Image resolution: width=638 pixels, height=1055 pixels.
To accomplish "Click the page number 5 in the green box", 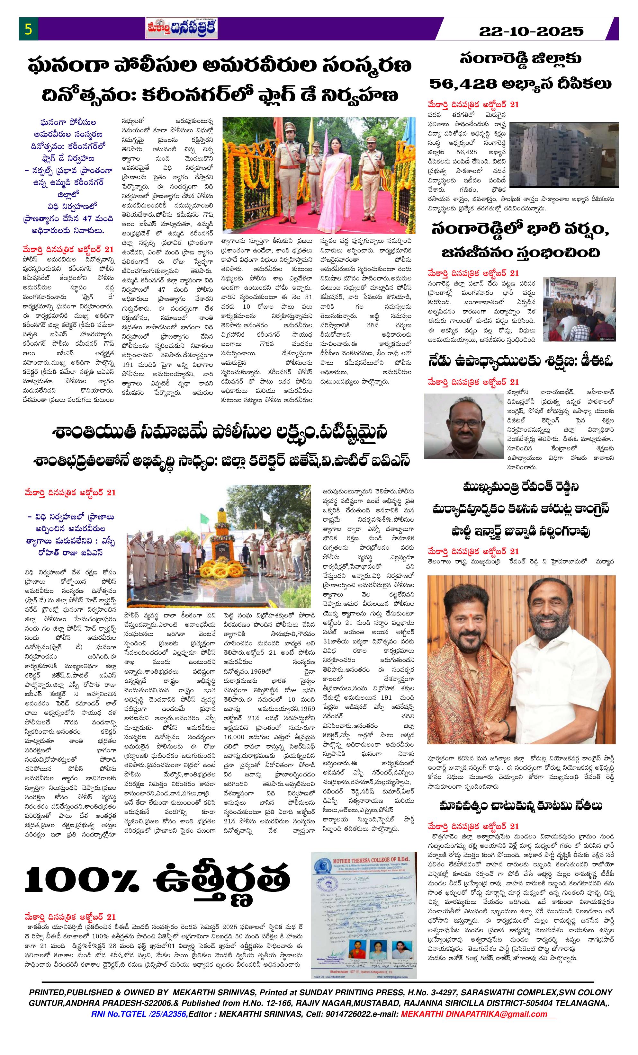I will coord(28,30).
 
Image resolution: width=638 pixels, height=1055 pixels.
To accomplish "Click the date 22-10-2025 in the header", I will coord(531,31).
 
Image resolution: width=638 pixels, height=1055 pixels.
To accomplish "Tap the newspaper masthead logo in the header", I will coord(181,29).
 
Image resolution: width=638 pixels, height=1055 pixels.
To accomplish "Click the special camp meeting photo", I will coord(579,309).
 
